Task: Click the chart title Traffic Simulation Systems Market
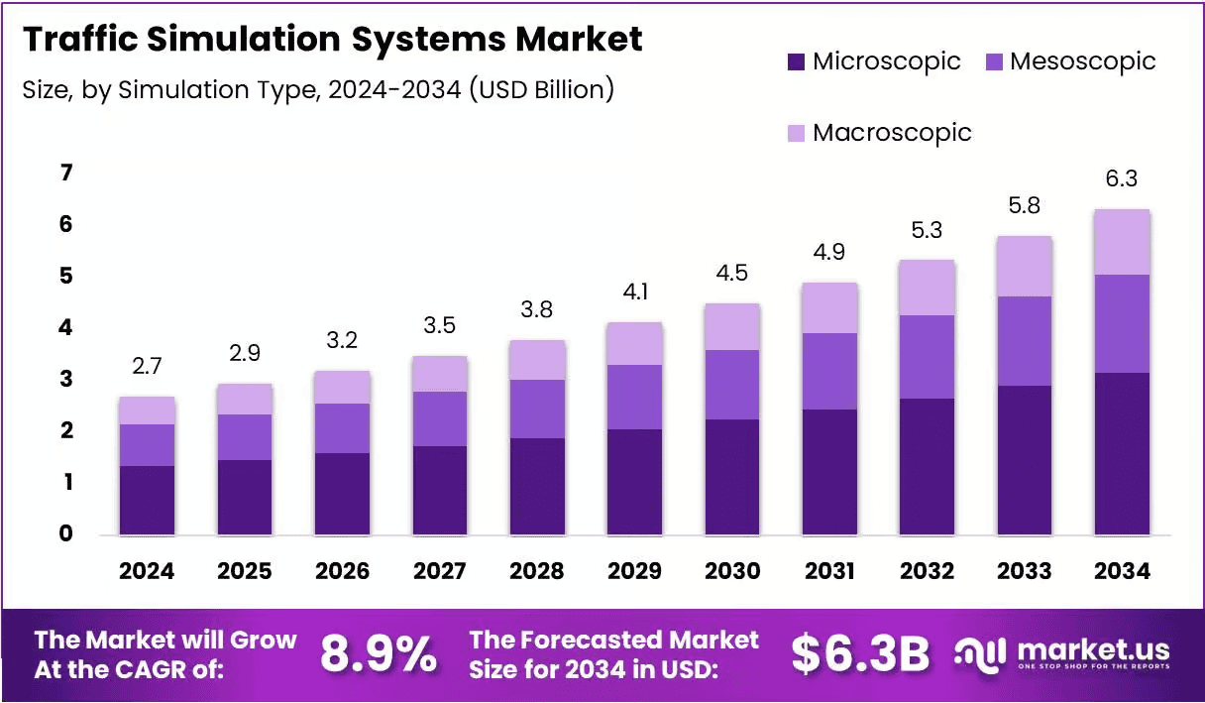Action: (x=332, y=40)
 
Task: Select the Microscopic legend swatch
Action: (x=797, y=62)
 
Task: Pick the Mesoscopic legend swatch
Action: (x=994, y=62)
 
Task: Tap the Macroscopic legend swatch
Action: (x=797, y=133)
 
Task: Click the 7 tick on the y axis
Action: (x=65, y=174)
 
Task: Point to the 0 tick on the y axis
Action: (x=65, y=534)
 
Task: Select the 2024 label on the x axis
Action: (x=147, y=571)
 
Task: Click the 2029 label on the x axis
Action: (x=634, y=571)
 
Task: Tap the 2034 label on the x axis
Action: (x=1123, y=571)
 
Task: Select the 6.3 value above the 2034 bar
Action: (x=1123, y=179)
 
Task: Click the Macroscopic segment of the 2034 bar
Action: (x=1123, y=242)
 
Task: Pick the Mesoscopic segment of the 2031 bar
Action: (x=829, y=371)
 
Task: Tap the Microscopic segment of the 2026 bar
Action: (x=342, y=494)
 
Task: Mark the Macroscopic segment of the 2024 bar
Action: (x=147, y=410)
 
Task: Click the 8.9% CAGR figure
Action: (x=379, y=653)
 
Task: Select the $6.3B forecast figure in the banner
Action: (x=860, y=653)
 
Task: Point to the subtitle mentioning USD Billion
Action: (x=317, y=89)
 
